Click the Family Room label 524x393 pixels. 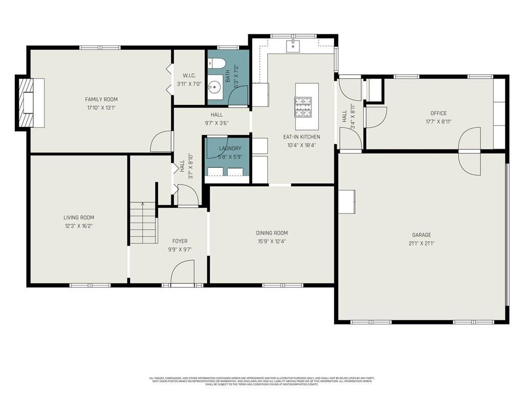(101, 99)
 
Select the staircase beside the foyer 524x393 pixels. (143, 223)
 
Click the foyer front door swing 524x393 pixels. (182, 272)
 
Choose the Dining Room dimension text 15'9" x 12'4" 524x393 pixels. (272, 241)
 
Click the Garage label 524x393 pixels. (422, 235)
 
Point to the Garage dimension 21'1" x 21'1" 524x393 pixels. (422, 244)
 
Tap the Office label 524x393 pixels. (438, 114)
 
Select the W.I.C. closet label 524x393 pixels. (189, 76)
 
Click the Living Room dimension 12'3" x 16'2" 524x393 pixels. (78, 225)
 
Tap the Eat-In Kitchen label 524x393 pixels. (301, 137)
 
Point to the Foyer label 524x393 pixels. (179, 241)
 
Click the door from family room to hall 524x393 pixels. (162, 142)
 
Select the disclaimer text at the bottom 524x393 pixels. (261, 381)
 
